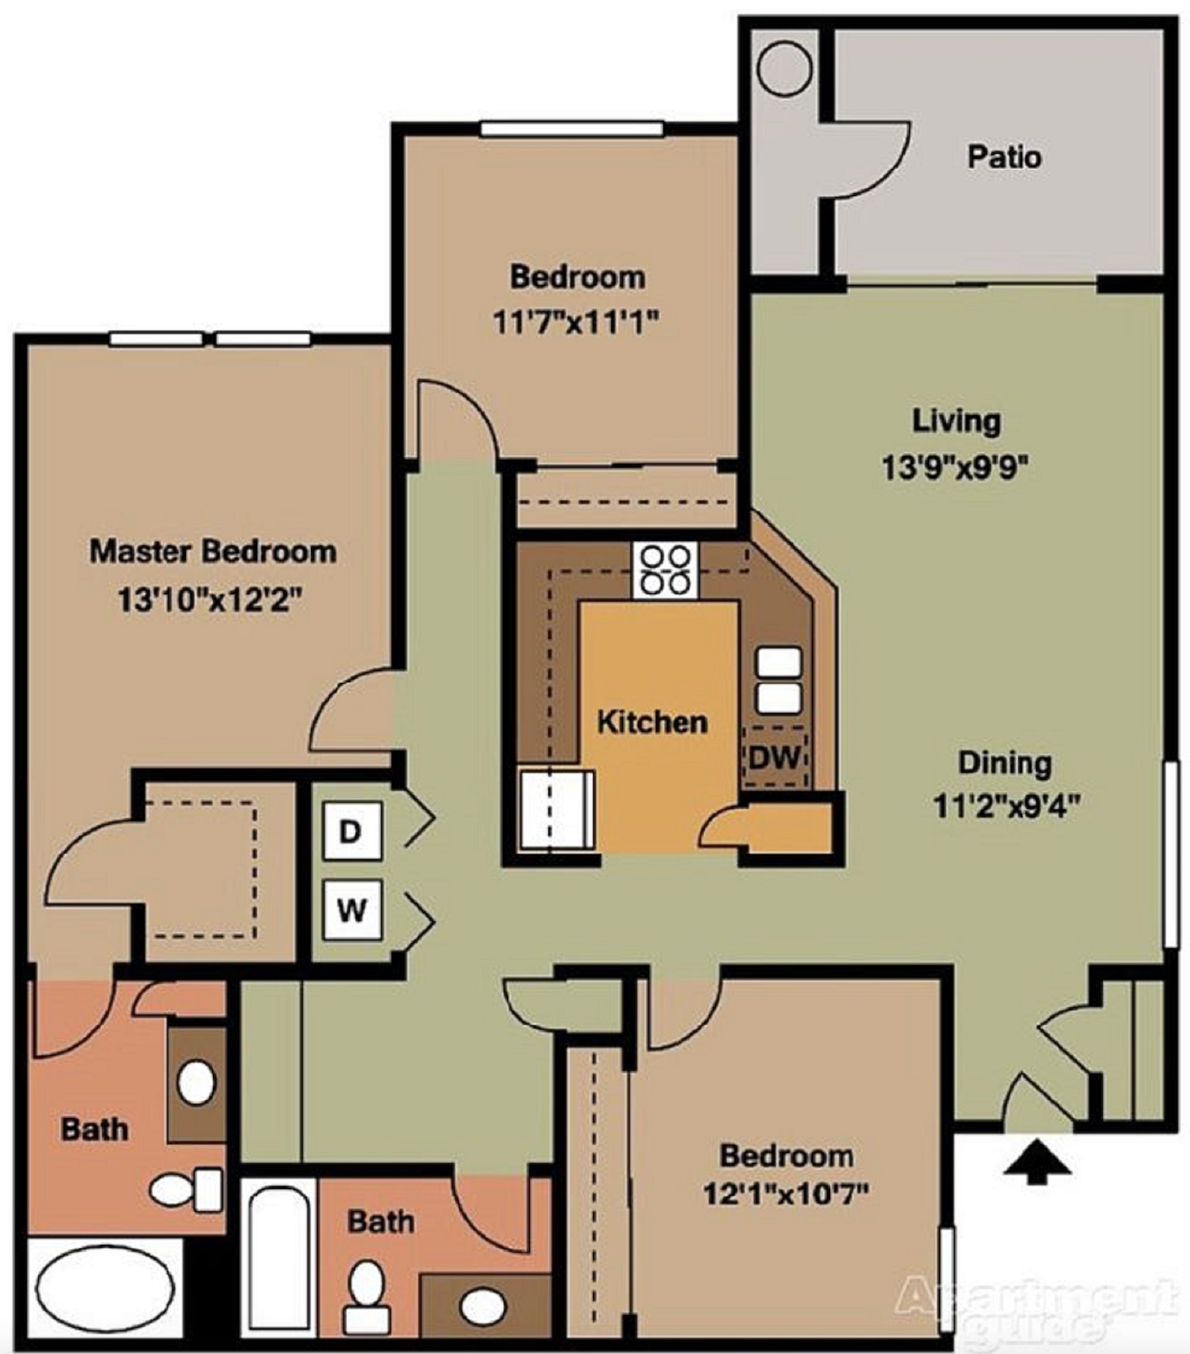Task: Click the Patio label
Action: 1004,157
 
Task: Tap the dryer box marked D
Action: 352,832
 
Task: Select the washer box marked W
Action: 352,910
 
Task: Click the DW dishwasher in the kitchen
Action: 775,756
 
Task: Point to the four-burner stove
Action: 665,571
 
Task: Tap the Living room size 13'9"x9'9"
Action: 955,467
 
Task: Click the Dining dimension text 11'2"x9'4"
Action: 1006,806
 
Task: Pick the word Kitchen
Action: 652,723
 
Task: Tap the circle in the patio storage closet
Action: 785,68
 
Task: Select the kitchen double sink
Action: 778,681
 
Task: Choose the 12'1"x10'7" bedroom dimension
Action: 786,1194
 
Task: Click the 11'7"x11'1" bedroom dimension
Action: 576,322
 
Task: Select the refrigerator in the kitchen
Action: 557,809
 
